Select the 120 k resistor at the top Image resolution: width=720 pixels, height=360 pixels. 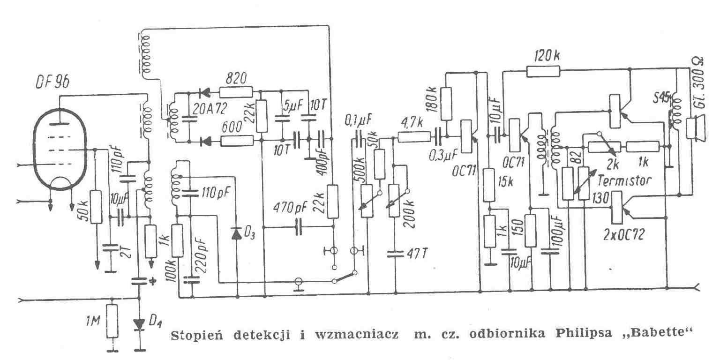click(x=543, y=71)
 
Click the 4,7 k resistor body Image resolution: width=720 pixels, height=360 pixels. click(x=413, y=137)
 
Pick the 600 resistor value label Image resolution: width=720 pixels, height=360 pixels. click(x=234, y=126)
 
